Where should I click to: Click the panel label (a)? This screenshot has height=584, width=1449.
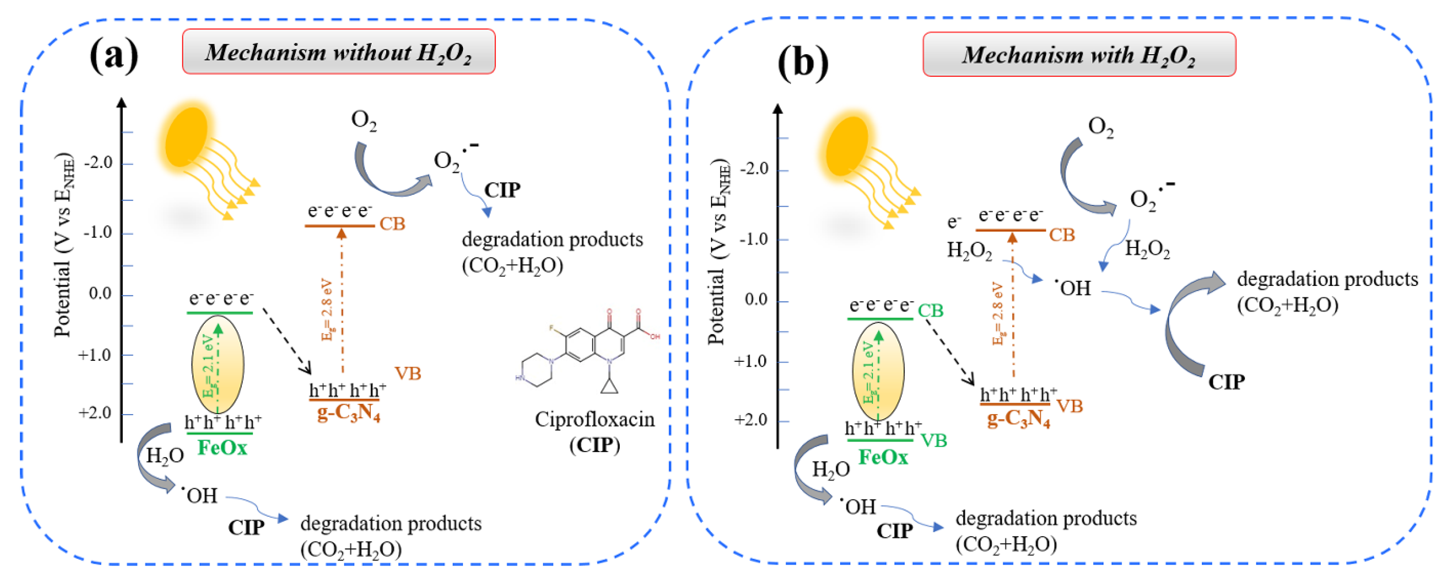tap(114, 56)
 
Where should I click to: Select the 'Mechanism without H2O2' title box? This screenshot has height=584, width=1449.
tap(339, 52)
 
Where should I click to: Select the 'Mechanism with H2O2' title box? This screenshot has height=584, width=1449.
tap(1079, 55)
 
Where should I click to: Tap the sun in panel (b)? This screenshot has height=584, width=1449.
tap(847, 146)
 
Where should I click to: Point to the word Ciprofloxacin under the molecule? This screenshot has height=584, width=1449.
tap(594, 420)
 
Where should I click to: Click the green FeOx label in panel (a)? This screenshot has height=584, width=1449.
tap(222, 449)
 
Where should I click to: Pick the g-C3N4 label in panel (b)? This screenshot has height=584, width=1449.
tap(1019, 419)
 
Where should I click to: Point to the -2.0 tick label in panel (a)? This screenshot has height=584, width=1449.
tap(98, 163)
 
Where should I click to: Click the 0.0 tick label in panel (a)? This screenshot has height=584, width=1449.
tap(101, 294)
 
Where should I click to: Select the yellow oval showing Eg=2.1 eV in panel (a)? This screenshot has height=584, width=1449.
tap(218, 364)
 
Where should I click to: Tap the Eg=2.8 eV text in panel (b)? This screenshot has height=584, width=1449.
tap(998, 313)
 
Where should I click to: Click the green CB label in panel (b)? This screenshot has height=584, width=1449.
tap(930, 311)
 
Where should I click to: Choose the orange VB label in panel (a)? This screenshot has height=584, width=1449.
tap(407, 374)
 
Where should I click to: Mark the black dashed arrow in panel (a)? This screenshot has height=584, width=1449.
tap(287, 341)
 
